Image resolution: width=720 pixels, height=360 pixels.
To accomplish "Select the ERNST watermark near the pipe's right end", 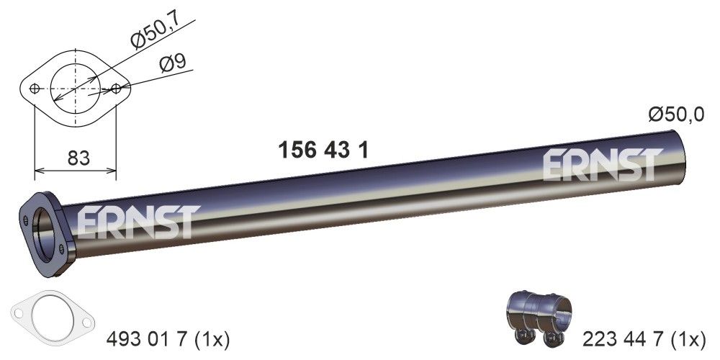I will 601,165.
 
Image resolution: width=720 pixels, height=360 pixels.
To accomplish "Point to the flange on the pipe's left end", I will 45,232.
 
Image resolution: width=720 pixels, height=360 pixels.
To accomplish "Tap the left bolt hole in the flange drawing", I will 35,89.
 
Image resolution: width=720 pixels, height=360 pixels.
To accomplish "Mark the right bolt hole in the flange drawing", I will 116,89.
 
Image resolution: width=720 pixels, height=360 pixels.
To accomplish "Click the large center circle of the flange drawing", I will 75,89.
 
